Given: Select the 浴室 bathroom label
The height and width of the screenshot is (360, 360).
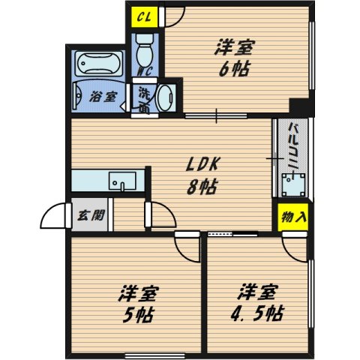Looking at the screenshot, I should point(102,97).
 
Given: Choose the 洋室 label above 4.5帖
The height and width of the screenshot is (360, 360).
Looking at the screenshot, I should point(259,289).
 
